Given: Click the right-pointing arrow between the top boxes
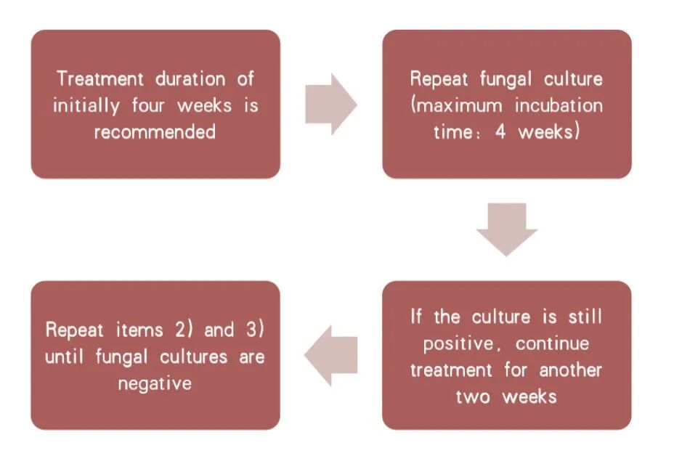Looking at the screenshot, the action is pos(330,104).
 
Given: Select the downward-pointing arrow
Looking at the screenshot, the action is pos(506,229).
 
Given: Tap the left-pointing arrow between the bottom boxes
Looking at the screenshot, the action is pos(331,356).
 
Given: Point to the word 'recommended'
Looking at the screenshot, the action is pos(155,132).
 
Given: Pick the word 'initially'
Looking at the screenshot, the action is pos(86,105).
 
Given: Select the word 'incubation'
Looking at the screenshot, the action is pos(559,105).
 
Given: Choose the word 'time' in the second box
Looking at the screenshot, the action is pos(453,132).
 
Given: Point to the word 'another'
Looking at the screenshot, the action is pos(570,370).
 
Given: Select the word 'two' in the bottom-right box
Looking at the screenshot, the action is pos(473,396).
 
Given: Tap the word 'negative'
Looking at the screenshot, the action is pos(155,383).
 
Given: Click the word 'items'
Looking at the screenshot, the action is pos(140,330).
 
